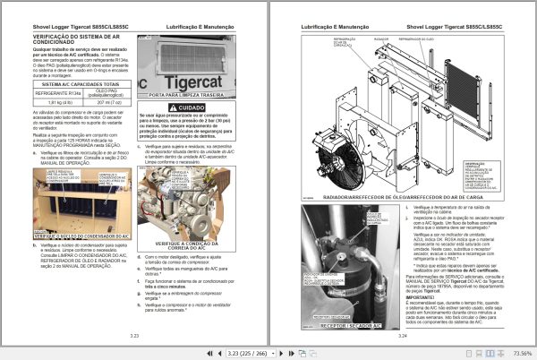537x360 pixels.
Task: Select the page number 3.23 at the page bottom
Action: (x=135, y=335)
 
